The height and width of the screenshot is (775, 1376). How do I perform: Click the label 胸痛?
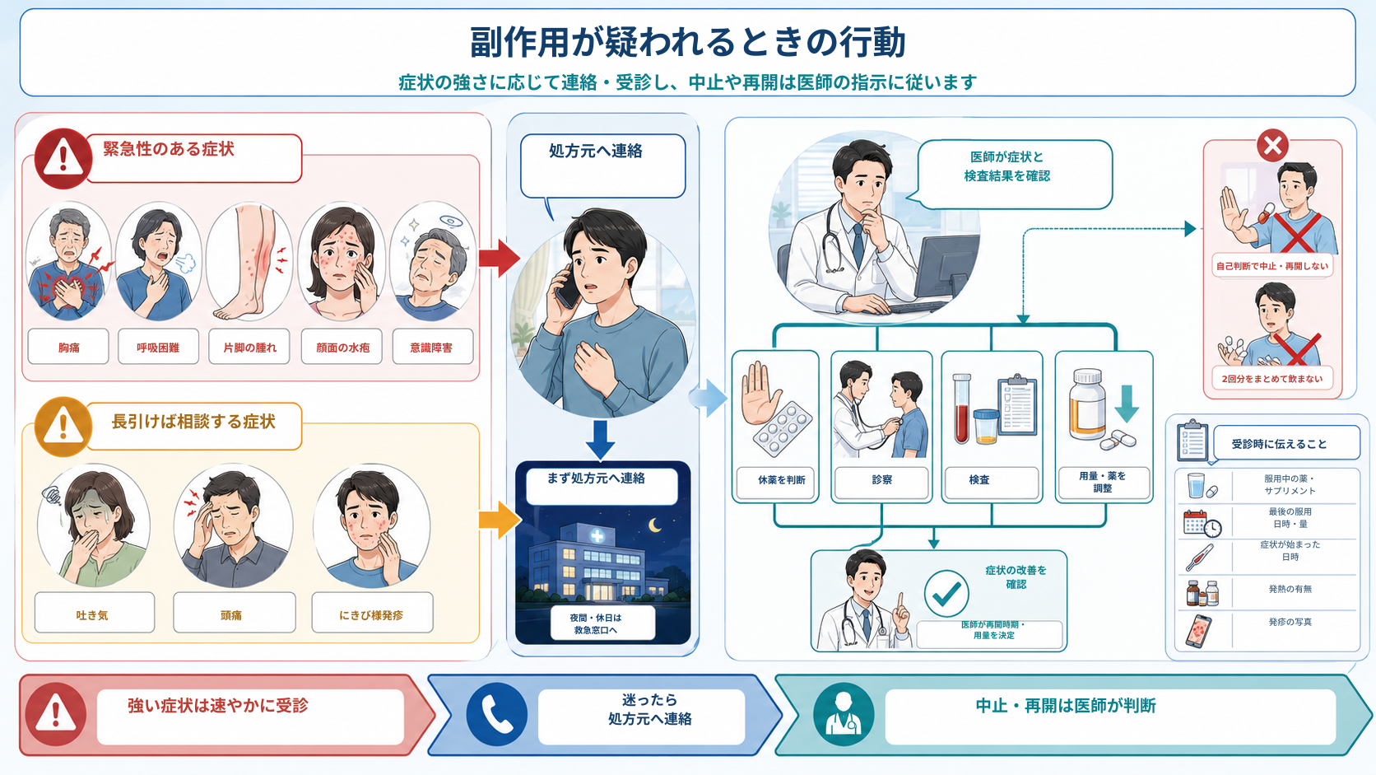69,348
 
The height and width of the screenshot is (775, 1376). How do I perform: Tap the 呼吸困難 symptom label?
158,348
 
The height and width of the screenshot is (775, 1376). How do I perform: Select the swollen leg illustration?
249,262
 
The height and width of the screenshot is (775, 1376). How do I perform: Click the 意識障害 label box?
432,347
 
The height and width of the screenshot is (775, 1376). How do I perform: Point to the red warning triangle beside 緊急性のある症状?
63,158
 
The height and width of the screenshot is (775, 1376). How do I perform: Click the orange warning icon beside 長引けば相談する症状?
63,427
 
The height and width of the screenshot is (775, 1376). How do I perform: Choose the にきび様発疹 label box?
372,612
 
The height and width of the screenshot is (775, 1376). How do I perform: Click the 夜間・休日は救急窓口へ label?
595,623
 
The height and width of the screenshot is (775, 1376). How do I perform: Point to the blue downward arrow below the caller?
600,440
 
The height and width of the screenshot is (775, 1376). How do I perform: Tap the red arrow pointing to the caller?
499,258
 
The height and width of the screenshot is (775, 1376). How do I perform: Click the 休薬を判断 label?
781,480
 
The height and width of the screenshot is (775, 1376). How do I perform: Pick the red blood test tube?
961,408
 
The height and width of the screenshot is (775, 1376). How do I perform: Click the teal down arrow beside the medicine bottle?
1127,404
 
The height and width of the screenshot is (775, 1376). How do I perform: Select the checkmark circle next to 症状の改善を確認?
946,593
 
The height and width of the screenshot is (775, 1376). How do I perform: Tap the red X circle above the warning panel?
1272,146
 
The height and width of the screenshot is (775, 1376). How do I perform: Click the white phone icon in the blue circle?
497,715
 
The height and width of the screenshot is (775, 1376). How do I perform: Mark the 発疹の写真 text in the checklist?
1290,622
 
